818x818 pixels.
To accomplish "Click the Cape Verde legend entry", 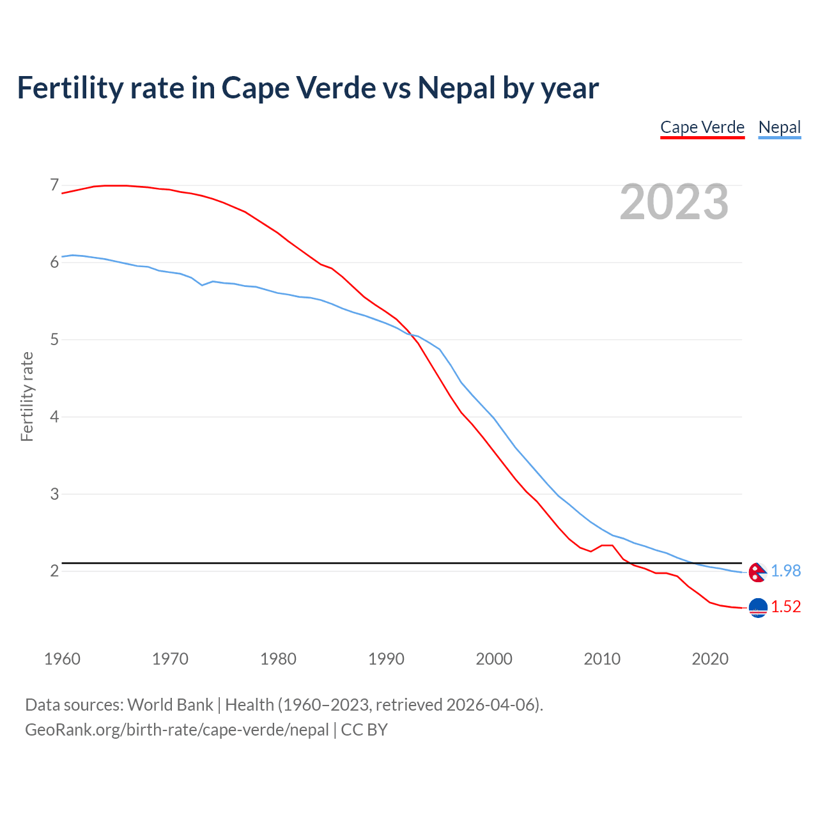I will pyautogui.click(x=702, y=127).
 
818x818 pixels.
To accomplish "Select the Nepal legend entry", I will pyautogui.click(x=779, y=127).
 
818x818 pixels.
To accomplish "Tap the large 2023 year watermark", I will pyautogui.click(x=674, y=202).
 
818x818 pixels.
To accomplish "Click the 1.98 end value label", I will pyautogui.click(x=785, y=571).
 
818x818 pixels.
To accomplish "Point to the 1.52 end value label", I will pyautogui.click(x=785, y=606).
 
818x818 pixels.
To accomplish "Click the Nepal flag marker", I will pyautogui.click(x=757, y=572).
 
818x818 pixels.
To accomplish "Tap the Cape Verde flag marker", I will pyautogui.click(x=758, y=608).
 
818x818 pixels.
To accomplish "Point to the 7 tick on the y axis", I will pyautogui.click(x=54, y=185).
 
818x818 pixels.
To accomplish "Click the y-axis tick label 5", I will pyautogui.click(x=54, y=339).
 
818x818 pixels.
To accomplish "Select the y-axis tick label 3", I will pyautogui.click(x=54, y=494).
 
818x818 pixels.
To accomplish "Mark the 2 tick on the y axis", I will pyautogui.click(x=54, y=571).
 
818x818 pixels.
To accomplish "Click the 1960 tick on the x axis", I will pyautogui.click(x=62, y=659).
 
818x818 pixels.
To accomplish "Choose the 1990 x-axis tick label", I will pyautogui.click(x=386, y=659).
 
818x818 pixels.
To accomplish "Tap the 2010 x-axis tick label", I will pyautogui.click(x=602, y=659).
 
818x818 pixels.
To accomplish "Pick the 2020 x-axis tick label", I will pyautogui.click(x=710, y=659).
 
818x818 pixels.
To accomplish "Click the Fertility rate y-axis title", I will pyautogui.click(x=27, y=396).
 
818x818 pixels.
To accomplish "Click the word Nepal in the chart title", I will pyautogui.click(x=456, y=88).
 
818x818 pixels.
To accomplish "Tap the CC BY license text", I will pyautogui.click(x=364, y=730).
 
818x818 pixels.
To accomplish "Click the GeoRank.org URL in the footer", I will pyautogui.click(x=177, y=730).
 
